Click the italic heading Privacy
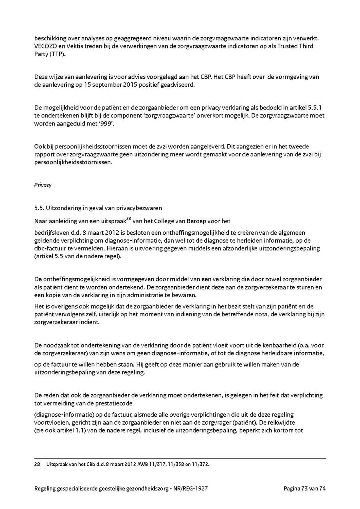(x=43, y=185)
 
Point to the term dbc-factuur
(x=51, y=248)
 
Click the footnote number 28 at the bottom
(x=37, y=464)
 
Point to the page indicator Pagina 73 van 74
(x=305, y=488)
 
